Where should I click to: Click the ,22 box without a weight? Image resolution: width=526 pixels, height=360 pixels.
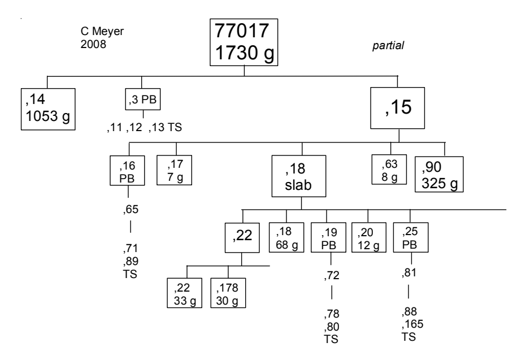coord(242,237)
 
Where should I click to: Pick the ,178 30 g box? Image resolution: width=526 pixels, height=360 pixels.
coord(228,293)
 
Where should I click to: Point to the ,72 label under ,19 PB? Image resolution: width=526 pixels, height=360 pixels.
coord(330,276)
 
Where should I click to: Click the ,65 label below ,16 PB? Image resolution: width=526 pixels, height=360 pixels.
coord(131,211)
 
